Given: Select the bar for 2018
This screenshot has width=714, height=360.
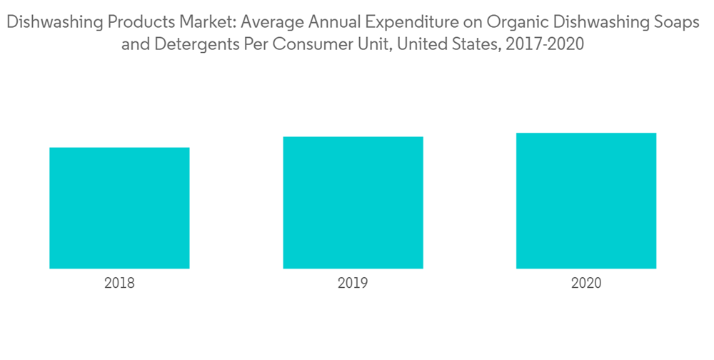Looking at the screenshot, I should (119, 208).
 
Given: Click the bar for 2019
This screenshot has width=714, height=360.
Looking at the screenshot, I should (353, 202).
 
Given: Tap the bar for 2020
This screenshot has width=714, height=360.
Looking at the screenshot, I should (586, 201).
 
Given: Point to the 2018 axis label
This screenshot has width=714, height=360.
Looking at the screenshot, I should (119, 283).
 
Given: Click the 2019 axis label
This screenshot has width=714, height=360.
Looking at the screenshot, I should (353, 283).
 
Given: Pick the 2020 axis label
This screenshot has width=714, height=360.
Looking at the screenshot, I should (586, 283).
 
